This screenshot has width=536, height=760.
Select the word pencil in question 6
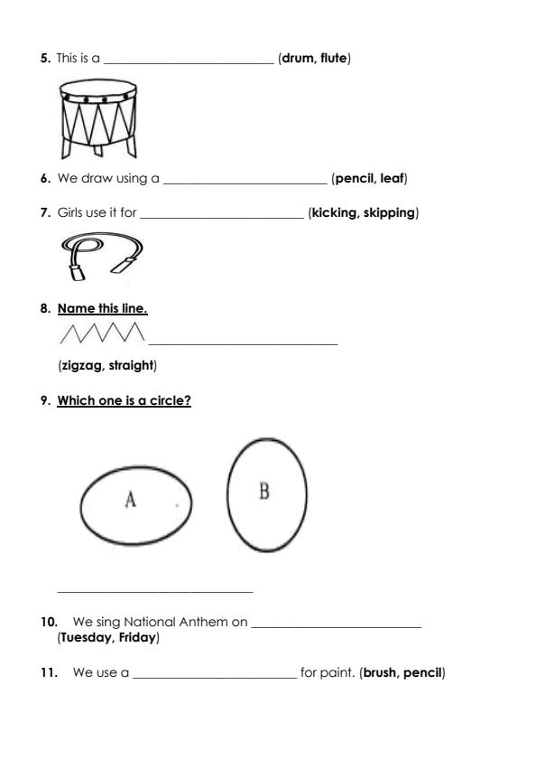(x=355, y=179)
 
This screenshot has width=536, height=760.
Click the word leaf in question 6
(x=393, y=179)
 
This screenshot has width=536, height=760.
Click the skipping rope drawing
(x=102, y=254)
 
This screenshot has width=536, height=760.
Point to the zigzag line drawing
(x=101, y=334)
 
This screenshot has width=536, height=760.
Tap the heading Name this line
(x=102, y=309)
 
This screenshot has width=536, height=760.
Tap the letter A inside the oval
(x=130, y=500)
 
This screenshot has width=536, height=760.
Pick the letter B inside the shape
(x=264, y=491)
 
